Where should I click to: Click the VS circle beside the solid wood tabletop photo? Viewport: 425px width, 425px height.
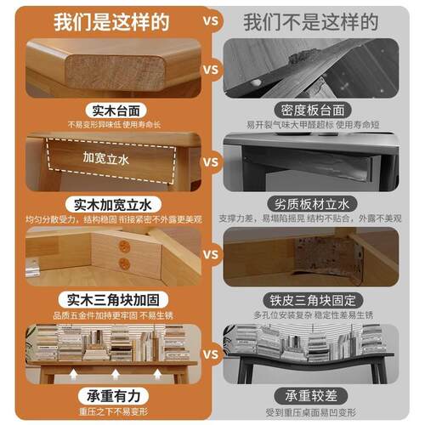point(212,69)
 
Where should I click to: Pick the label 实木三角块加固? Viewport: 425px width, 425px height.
point(111,300)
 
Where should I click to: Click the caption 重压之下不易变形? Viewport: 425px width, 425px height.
point(111,412)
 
